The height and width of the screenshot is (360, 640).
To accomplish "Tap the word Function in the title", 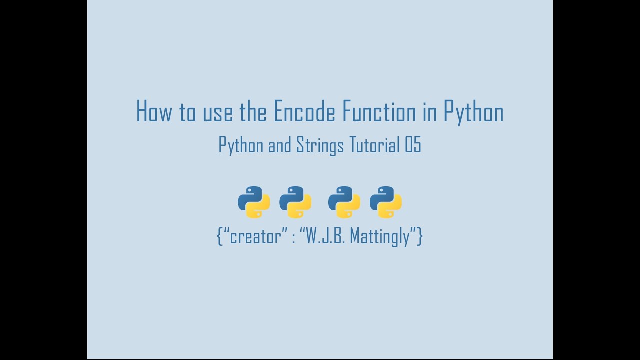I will [x=379, y=112].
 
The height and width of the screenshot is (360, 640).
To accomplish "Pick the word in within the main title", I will [x=430, y=112].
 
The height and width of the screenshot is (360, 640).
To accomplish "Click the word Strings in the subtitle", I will [x=320, y=145].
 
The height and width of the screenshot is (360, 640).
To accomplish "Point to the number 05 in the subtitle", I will [x=413, y=145].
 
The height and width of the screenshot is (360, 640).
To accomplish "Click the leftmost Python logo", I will [x=254, y=202].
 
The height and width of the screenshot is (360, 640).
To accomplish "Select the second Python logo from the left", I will [x=295, y=202].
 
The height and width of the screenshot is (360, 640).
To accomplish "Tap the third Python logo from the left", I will [x=344, y=202].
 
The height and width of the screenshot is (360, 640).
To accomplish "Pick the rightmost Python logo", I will [x=386, y=202].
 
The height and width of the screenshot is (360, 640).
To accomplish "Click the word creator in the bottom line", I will [x=255, y=236].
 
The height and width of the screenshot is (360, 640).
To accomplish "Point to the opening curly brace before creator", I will [x=220, y=236].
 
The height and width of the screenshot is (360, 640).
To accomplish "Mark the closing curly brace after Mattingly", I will [x=420, y=236].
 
